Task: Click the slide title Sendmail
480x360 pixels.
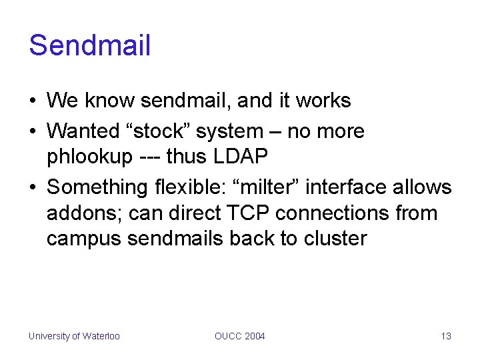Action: [x=90, y=45]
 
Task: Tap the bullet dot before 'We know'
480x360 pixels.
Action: [x=32, y=101]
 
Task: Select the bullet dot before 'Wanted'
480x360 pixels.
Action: [x=32, y=131]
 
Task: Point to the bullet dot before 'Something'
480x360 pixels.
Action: [x=32, y=188]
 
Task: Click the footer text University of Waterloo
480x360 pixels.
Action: [x=74, y=336]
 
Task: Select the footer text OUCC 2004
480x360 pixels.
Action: [x=239, y=336]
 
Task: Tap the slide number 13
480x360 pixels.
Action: [x=446, y=336]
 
